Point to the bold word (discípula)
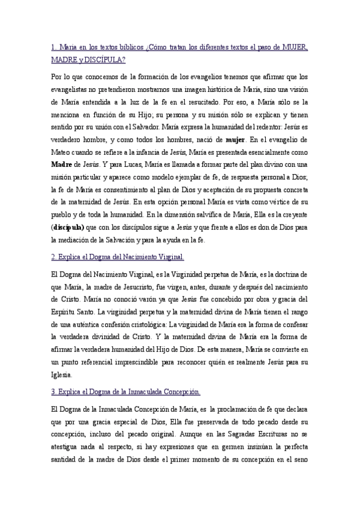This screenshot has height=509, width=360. click(x=67, y=228)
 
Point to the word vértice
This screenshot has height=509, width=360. click(x=282, y=203)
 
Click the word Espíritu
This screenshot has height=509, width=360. click(x=65, y=311)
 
